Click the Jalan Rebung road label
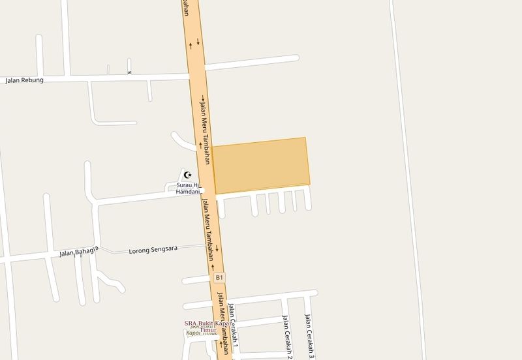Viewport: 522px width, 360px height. tap(24, 81)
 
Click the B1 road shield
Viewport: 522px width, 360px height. tap(220, 278)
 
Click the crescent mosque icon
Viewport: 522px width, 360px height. tap(187, 175)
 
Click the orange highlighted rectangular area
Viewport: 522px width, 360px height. tap(261, 166)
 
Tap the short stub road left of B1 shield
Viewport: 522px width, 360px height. tap(196, 280)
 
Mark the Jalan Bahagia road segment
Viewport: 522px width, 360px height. tap(39, 256)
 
